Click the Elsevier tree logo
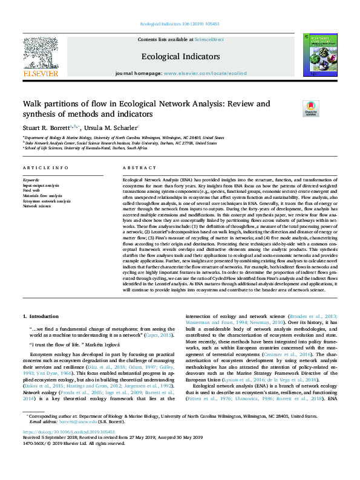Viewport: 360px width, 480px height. [41, 54]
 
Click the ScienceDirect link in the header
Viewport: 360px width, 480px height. [209, 40]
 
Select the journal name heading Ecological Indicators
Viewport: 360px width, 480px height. [180, 56]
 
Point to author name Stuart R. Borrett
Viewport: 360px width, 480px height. [45, 128]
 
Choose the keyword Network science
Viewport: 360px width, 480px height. [38, 206]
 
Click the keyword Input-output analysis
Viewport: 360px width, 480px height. [41, 186]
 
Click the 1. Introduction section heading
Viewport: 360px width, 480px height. [41, 316]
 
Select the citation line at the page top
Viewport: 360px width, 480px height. [180, 24]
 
